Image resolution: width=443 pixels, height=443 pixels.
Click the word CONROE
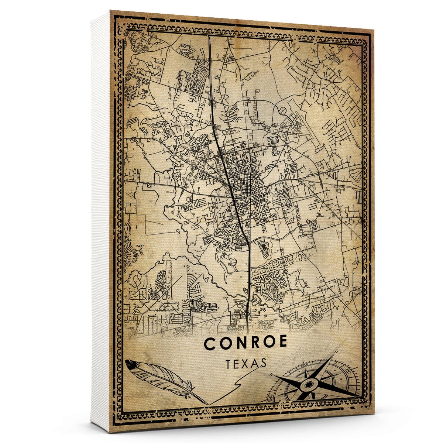pyautogui.click(x=245, y=343)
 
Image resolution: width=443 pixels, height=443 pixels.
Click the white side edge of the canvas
pyautogui.click(x=100, y=221)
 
